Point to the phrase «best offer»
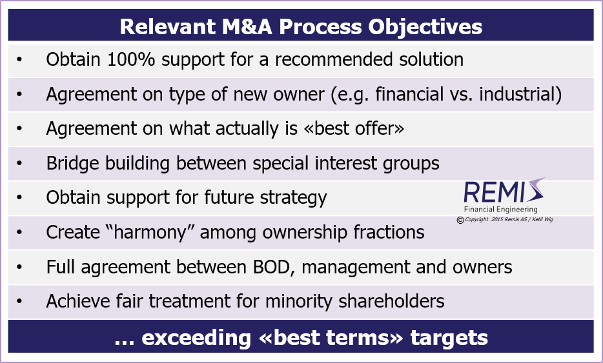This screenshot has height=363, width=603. pos(354,128)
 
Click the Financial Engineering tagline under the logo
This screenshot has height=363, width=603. pos(500,210)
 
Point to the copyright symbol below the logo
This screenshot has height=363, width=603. pos(460,220)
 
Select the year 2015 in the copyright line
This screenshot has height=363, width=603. pos(498,220)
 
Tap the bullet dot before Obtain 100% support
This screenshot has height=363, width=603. pos(19,60)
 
